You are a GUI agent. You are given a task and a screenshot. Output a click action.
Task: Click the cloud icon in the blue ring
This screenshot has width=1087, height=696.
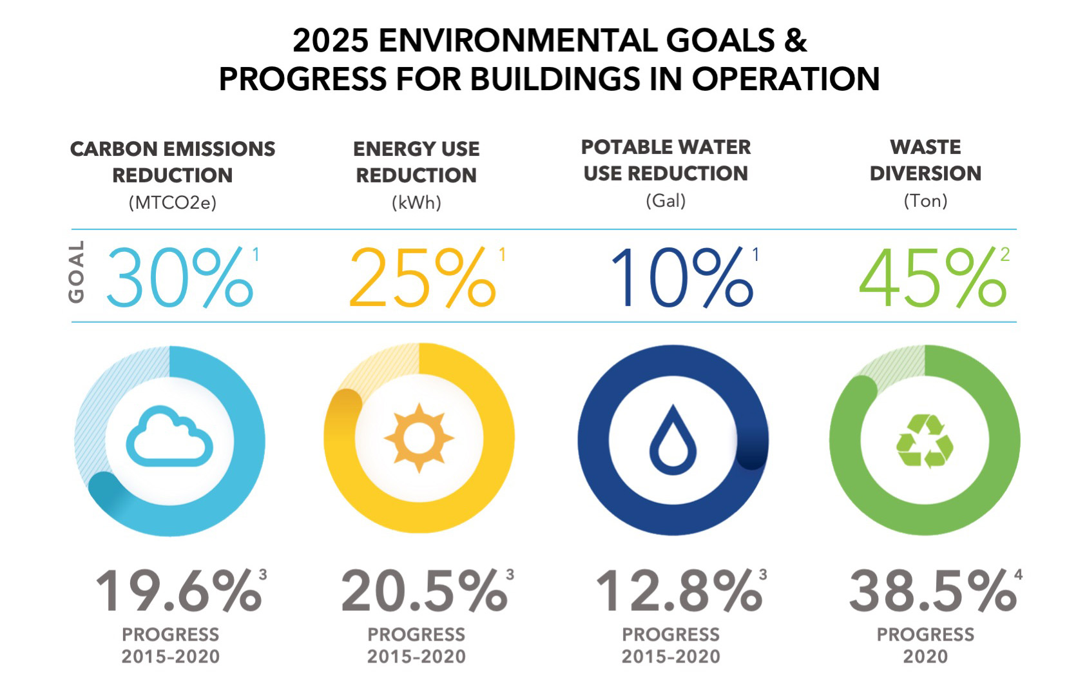169,436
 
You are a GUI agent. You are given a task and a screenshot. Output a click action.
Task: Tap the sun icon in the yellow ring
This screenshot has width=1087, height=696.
419,438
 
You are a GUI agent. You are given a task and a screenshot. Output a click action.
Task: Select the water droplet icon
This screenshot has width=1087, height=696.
673,440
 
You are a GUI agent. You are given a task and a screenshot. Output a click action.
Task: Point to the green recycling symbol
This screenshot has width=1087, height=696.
925,441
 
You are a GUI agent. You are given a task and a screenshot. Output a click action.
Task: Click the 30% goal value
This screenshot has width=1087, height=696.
180,278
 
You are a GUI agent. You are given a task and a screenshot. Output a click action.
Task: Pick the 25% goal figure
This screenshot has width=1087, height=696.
423,278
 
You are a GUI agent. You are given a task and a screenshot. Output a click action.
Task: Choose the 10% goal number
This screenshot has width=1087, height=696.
682,278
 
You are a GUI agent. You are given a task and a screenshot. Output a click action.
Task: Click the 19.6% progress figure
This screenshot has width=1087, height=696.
178,591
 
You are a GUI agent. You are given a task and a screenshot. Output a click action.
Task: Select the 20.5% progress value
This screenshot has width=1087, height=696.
424,591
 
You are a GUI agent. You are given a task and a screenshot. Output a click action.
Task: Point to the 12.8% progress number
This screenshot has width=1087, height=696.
679,591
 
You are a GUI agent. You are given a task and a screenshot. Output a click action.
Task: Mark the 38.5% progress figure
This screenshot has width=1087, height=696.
933,591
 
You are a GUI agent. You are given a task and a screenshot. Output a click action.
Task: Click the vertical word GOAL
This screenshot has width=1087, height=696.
76,272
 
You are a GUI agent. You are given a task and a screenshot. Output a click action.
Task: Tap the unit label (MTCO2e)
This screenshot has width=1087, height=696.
172,202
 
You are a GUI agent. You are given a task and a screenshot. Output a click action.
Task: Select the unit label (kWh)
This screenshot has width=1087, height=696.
416,202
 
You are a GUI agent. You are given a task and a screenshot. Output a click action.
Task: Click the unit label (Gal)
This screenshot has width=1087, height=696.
666,200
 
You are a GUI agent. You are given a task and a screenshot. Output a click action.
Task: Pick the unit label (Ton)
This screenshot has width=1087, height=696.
925,200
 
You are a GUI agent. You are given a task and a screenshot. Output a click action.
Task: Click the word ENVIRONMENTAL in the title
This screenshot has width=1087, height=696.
517,41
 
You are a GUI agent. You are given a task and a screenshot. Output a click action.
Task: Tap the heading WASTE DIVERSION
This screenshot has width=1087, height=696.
925,160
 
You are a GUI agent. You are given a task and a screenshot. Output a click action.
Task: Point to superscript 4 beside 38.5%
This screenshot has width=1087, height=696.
1018,575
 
